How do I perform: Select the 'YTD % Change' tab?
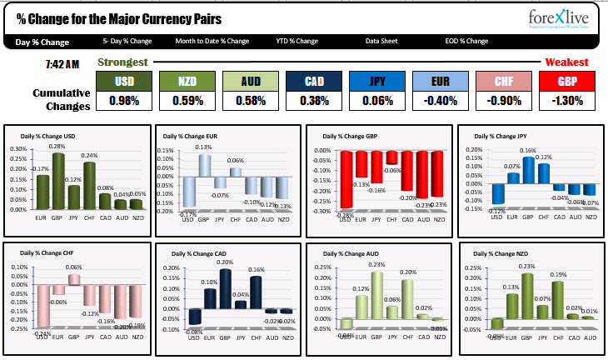point(297,41)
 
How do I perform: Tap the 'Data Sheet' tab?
point(381,41)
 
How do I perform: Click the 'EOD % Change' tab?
point(466,41)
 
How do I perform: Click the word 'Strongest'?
point(123,62)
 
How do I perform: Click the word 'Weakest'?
point(566,62)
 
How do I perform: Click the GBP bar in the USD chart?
point(58,181)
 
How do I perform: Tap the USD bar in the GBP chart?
point(345,179)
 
